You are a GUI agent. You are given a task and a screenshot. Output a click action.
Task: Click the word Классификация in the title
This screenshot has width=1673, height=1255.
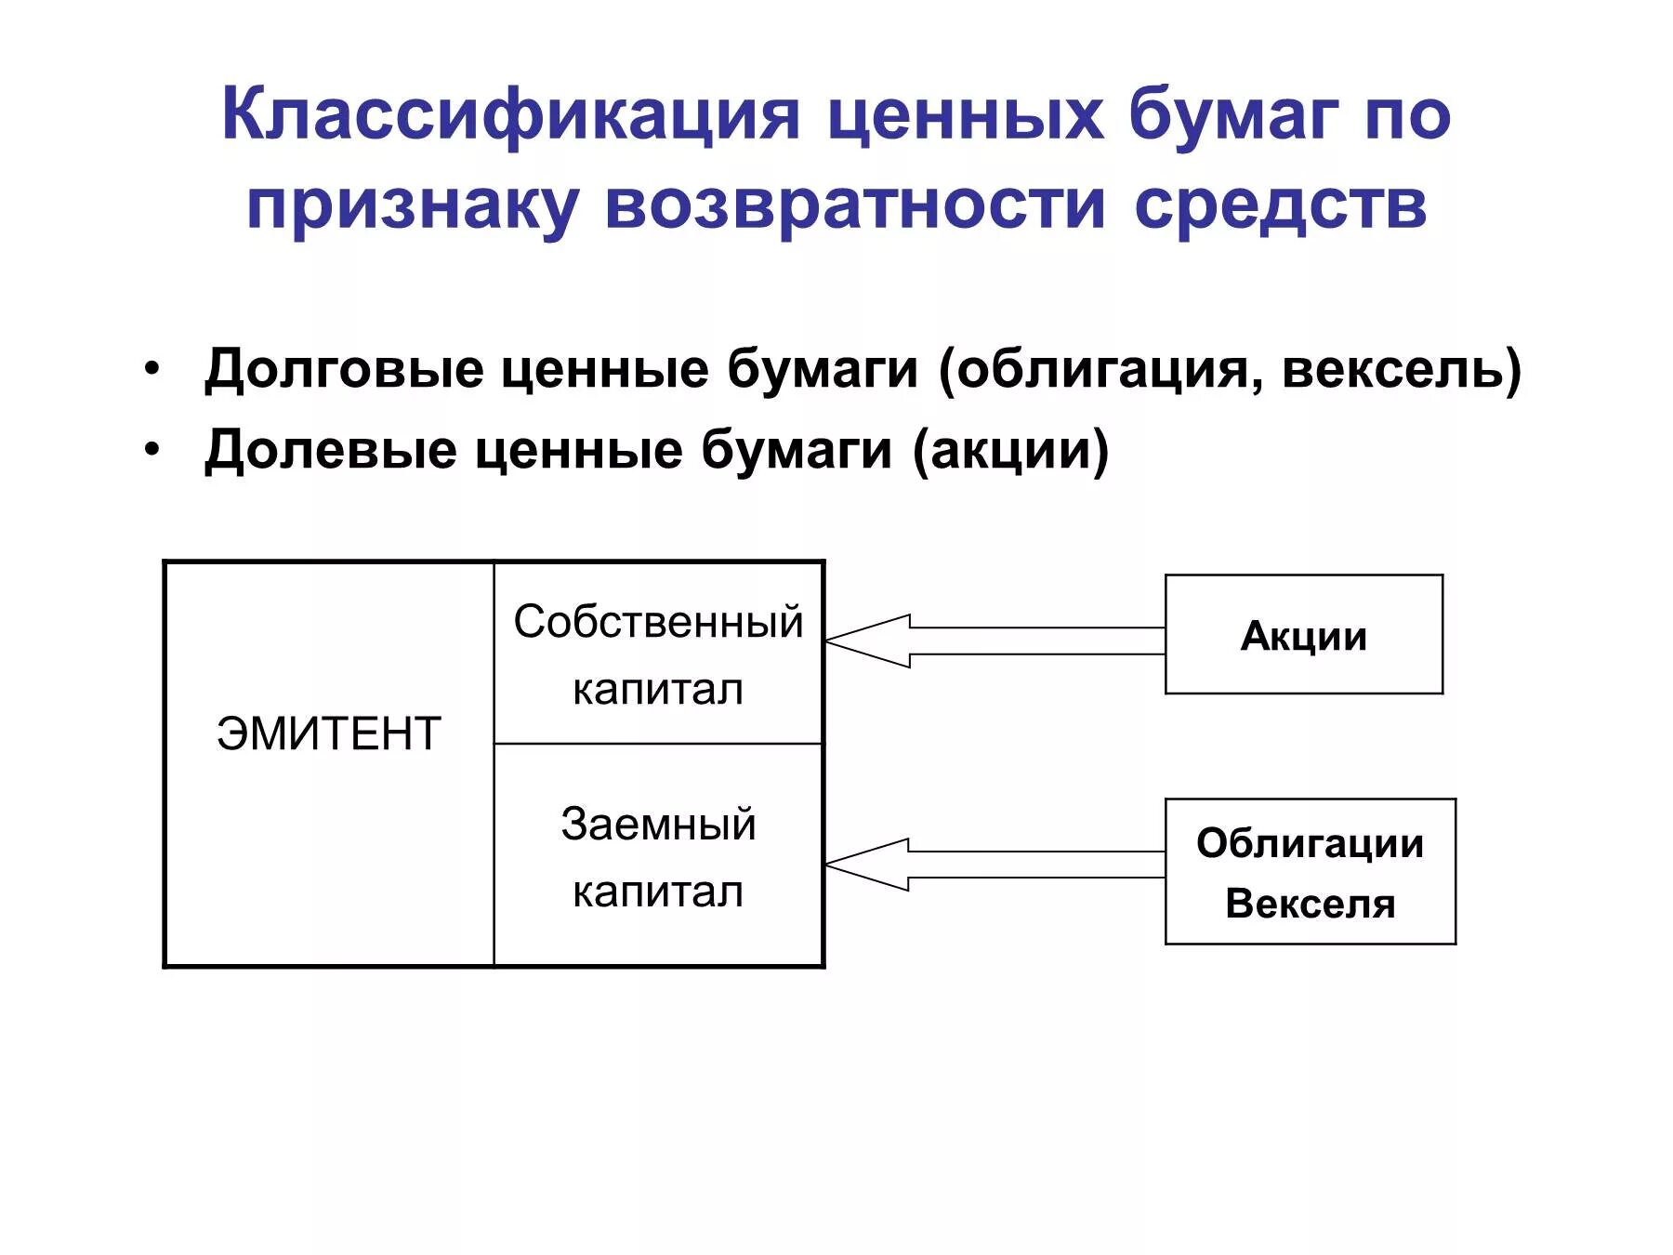coord(510,116)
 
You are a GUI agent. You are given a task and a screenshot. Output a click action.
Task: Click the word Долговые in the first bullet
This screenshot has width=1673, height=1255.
coord(344,369)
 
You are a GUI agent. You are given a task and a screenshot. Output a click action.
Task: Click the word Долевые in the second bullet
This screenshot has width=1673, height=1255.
coord(331,450)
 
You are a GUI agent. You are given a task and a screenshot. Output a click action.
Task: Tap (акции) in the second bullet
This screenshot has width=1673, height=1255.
coord(1010,450)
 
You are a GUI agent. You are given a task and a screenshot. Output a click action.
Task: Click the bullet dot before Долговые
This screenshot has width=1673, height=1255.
coord(152,368)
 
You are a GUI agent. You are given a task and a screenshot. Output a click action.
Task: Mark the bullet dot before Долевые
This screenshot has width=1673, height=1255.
coord(152,449)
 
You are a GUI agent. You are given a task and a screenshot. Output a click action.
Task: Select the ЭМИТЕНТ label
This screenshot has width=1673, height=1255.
coord(328,733)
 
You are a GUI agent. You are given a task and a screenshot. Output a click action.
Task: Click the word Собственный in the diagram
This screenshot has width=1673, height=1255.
coord(658,622)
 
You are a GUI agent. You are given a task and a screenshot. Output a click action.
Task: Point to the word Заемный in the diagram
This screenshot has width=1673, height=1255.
coord(658,825)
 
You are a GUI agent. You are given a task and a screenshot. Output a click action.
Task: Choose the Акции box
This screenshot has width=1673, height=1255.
coord(1303,635)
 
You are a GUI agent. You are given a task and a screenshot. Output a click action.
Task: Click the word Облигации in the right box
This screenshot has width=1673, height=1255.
coord(1310,843)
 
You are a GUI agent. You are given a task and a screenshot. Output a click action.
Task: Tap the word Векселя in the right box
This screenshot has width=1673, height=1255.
coord(1310,904)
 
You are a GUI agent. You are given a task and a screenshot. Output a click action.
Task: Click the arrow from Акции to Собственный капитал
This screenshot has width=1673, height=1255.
coord(995,641)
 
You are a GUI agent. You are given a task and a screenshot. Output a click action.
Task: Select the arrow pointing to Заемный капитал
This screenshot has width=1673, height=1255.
coord(995,865)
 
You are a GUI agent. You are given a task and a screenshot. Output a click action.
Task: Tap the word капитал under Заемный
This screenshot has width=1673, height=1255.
coord(658,892)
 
